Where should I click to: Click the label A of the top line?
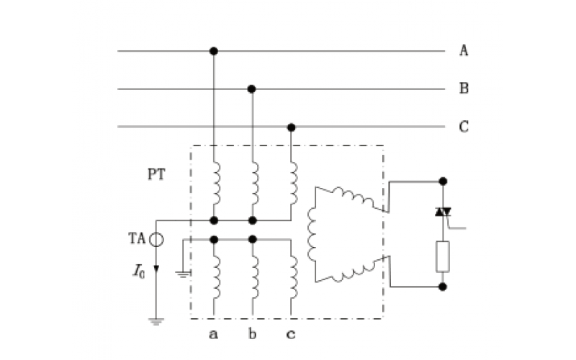(464, 50)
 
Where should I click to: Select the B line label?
(464, 89)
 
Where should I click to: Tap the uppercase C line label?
(464, 127)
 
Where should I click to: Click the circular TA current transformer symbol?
(156, 238)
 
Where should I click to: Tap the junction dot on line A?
(213, 51)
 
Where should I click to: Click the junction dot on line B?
(252, 89)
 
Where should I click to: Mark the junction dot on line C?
(291, 127)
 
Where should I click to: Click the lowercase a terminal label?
(214, 334)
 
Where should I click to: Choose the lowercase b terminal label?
(252, 334)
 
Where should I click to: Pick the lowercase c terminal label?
(291, 334)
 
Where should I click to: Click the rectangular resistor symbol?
(443, 257)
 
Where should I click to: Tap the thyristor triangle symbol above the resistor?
(443, 212)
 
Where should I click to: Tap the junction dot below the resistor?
(443, 287)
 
